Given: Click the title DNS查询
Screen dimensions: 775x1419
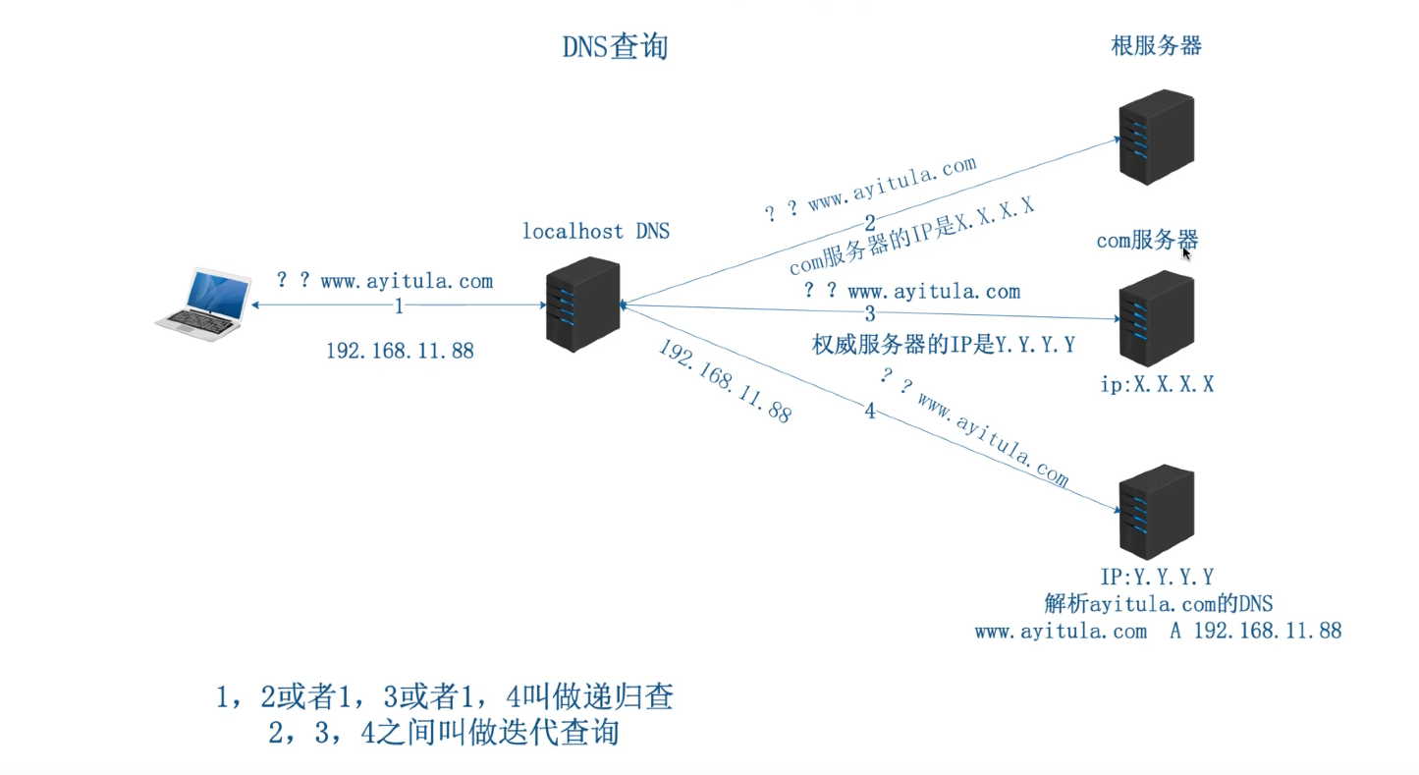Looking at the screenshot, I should (x=615, y=47).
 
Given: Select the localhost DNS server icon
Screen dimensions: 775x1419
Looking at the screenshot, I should (x=583, y=304).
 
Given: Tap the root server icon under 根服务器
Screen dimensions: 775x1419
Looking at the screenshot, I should (x=1156, y=138).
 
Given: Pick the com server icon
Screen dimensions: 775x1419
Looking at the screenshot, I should (x=1156, y=318).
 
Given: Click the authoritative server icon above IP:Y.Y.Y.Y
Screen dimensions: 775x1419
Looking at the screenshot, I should (x=1156, y=512).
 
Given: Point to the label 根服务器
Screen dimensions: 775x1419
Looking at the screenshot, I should (x=1156, y=45).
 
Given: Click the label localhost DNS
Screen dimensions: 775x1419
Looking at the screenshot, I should (x=595, y=232).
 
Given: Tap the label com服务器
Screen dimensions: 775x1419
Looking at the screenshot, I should (x=1147, y=241).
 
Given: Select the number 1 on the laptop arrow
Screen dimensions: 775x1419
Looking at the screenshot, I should (x=399, y=306).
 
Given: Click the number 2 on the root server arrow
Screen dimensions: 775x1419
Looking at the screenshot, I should (x=869, y=222).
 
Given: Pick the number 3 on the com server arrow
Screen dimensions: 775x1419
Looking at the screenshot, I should (x=870, y=314).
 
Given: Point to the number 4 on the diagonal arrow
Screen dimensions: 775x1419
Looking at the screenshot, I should (x=870, y=411).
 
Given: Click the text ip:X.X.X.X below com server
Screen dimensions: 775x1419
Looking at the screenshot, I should (x=1157, y=384).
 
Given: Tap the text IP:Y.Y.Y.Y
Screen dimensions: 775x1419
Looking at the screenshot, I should (x=1157, y=577).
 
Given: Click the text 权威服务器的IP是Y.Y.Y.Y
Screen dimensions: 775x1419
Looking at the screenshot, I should (x=943, y=345).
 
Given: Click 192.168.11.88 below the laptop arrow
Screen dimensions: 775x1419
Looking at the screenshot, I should (x=400, y=350).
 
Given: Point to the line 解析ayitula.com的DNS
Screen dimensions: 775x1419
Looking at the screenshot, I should (x=1158, y=603).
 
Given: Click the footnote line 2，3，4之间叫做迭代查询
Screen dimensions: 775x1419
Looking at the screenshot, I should (x=444, y=733).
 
